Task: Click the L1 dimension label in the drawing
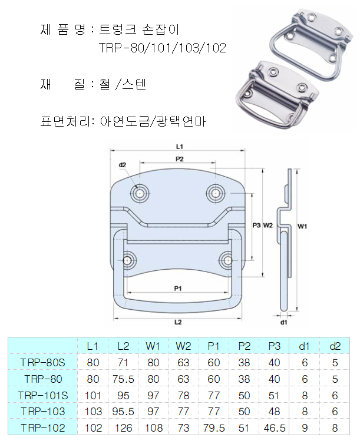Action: [x=180, y=147]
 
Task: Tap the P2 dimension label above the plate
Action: [x=180, y=159]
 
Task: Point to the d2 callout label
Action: [x=123, y=165]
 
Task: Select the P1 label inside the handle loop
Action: [x=178, y=289]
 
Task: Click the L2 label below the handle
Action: [x=178, y=322]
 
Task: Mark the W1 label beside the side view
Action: [x=302, y=226]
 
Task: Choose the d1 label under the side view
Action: [x=284, y=323]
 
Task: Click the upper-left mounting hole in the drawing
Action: [x=140, y=194]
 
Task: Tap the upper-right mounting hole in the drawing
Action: [x=216, y=194]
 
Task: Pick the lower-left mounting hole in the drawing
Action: [x=127, y=260]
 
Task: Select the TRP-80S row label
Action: [x=43, y=363]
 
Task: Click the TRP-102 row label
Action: [x=43, y=428]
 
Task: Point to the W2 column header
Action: [x=183, y=346]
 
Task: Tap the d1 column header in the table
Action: [x=304, y=346]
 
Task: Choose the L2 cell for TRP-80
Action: [x=123, y=379]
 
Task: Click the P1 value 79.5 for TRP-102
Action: [x=214, y=428]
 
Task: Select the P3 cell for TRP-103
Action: [x=274, y=412]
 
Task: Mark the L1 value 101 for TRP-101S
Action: [x=93, y=395]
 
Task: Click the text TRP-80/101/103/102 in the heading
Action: [x=163, y=48]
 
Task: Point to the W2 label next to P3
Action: [x=268, y=226]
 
